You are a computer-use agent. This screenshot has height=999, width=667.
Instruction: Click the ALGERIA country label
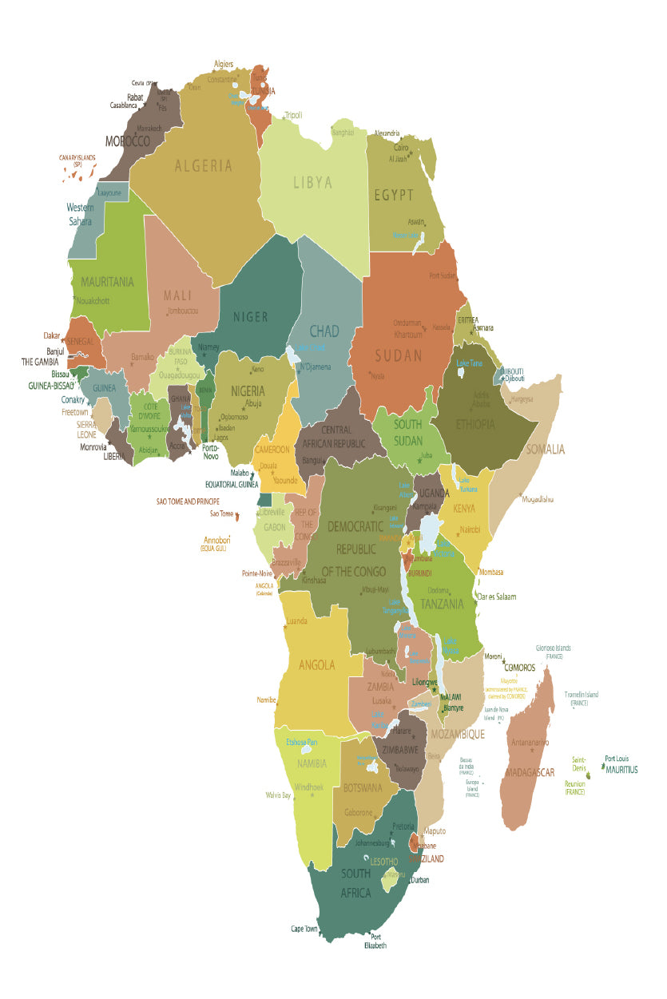(x=204, y=166)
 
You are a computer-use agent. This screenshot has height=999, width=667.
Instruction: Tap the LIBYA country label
(x=312, y=183)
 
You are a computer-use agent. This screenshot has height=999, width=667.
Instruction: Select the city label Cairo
(x=401, y=148)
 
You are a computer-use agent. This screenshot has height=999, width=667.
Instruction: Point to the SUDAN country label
(x=398, y=356)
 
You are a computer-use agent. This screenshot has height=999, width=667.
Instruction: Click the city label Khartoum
(x=408, y=334)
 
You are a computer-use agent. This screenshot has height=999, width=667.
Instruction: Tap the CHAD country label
(x=324, y=331)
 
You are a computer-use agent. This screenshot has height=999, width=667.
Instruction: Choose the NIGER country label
(x=250, y=317)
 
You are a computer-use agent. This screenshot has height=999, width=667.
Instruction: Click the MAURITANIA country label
(x=107, y=282)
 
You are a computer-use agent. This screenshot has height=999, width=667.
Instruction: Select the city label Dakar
(x=52, y=336)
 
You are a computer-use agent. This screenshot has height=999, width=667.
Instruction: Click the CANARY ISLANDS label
(x=77, y=160)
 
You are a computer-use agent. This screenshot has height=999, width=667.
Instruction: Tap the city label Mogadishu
(x=538, y=499)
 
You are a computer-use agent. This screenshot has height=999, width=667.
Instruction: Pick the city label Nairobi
(x=470, y=529)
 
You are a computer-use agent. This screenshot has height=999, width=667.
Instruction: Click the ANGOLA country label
(x=317, y=665)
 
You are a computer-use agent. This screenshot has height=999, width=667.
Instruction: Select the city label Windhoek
(x=309, y=787)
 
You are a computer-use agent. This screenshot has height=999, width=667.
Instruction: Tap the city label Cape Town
(x=304, y=929)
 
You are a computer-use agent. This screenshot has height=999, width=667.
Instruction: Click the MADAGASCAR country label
(x=530, y=772)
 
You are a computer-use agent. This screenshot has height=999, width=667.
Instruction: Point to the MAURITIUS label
(x=621, y=770)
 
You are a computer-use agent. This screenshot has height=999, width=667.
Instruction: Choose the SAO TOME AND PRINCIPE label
(x=188, y=501)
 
